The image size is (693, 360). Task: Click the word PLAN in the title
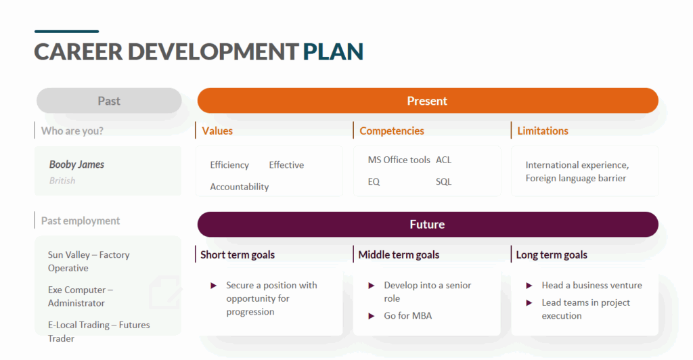click(333, 51)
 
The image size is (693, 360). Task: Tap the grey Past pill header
click(109, 101)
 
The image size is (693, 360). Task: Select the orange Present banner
click(427, 101)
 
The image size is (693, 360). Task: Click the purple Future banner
click(427, 225)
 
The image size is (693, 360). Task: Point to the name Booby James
click(76, 164)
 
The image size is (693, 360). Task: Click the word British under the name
click(62, 181)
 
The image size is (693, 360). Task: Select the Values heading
click(217, 131)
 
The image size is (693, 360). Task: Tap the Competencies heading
click(392, 131)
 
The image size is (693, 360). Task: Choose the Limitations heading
click(543, 131)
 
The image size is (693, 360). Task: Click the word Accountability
click(239, 187)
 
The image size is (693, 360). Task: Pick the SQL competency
click(443, 181)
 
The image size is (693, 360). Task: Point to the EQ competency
click(374, 181)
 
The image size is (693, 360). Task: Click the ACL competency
click(443, 160)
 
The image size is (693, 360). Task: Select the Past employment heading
click(81, 221)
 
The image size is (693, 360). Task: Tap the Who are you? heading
click(72, 131)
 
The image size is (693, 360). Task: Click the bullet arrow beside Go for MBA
click(372, 316)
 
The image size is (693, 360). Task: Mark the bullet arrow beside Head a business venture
click(529, 286)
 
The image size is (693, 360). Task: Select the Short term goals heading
click(238, 255)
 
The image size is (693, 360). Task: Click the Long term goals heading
click(552, 255)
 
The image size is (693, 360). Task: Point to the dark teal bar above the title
click(66, 31)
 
